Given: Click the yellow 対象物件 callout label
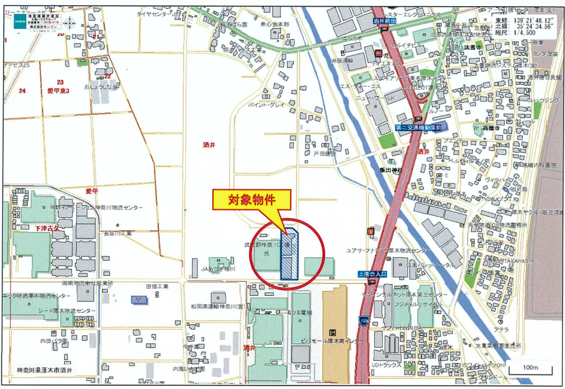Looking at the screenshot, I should [252, 200].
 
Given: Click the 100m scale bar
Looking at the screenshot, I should [530, 369].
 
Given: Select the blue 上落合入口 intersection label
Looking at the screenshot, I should [372, 273].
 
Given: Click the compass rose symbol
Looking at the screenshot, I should [70, 24].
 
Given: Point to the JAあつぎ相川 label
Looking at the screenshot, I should [218, 269].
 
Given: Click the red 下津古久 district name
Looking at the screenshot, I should [47, 228].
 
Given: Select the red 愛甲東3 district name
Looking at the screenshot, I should [58, 90].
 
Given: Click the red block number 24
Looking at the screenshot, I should [22, 90].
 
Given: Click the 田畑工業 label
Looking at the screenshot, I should [157, 286].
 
